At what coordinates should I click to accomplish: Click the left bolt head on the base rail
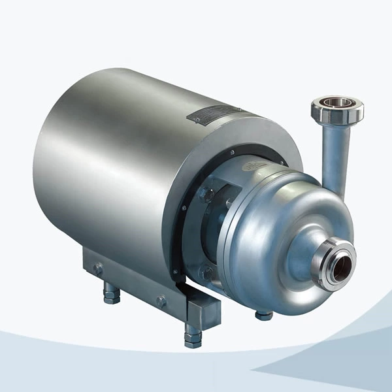(98, 268)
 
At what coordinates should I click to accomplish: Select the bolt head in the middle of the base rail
(161, 301)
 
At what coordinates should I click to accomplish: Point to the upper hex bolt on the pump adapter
(207, 194)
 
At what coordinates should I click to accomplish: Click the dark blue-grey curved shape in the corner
(340, 363)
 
